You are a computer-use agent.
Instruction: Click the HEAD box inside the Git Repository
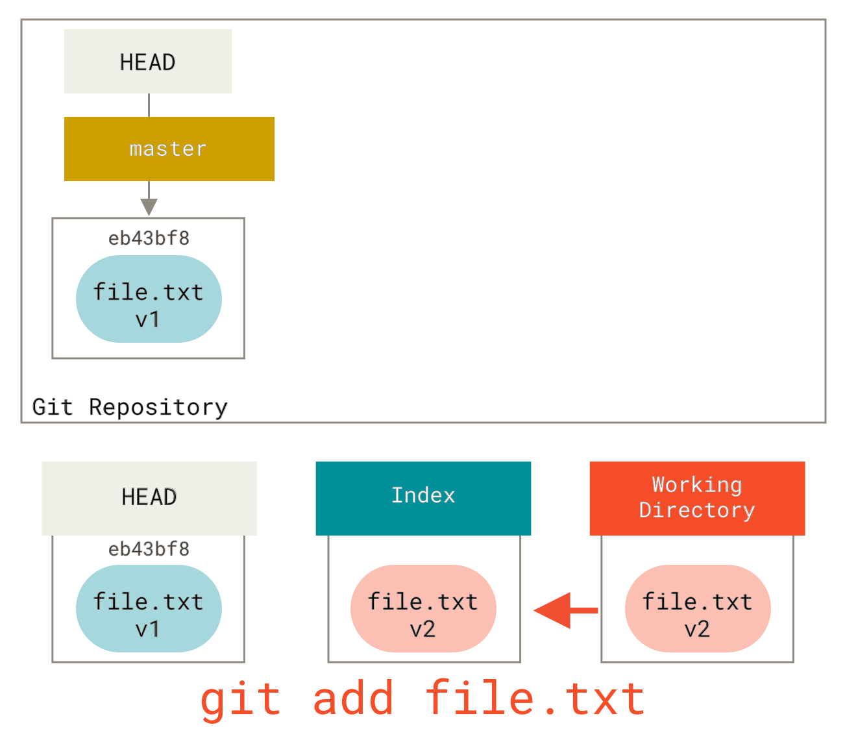147,62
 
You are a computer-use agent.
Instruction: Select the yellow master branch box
169,149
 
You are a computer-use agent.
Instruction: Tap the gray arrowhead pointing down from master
149,207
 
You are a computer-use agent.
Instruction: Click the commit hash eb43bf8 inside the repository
149,238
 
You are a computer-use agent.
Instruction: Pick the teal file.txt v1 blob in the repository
149,299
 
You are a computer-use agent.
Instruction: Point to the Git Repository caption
130,407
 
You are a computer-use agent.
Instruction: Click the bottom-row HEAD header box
149,498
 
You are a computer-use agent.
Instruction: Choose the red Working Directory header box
697,498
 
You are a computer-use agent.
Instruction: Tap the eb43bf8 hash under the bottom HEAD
149,549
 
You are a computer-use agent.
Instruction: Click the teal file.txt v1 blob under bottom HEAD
149,609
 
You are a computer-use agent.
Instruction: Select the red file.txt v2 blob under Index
423,609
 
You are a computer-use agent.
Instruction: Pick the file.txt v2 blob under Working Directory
698,609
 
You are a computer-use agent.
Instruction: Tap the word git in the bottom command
240,700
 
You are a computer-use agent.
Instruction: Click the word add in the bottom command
353,700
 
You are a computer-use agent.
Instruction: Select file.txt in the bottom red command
535,699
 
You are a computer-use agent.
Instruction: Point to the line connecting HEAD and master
149,105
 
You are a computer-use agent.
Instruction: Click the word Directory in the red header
697,511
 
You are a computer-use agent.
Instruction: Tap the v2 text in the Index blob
423,629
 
